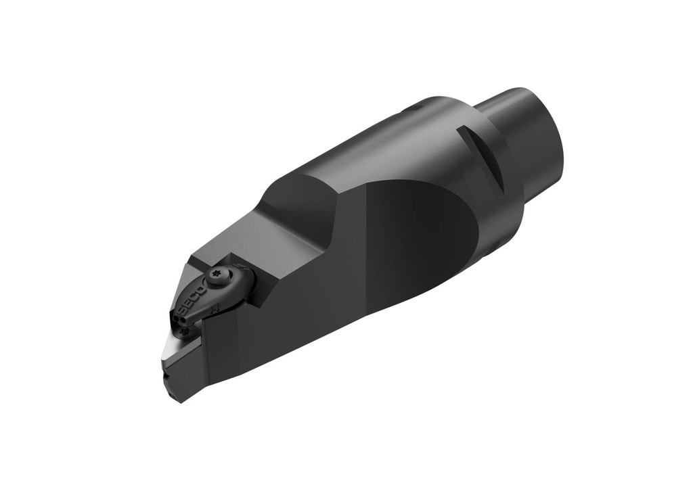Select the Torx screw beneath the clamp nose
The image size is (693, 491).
(185, 332)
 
